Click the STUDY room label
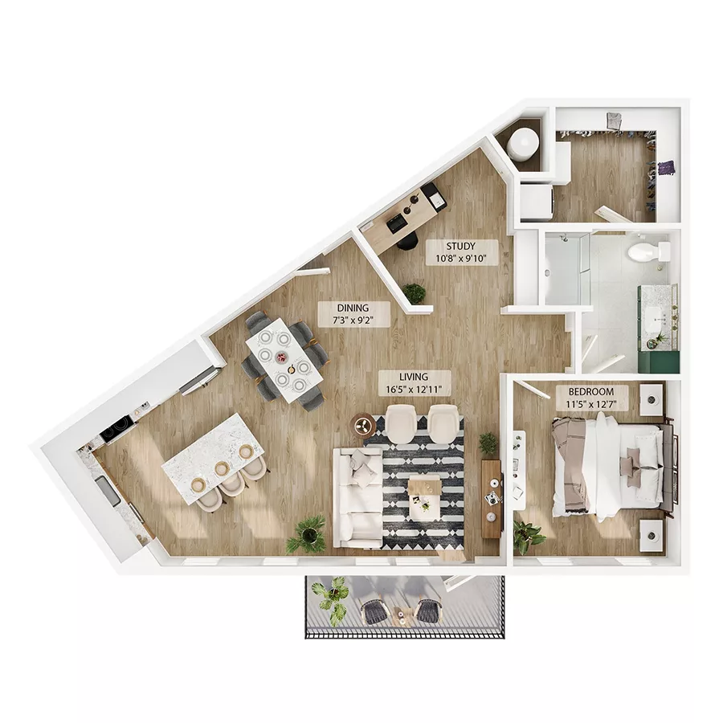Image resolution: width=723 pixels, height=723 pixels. (461, 252)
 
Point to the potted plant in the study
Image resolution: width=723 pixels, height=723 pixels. (415, 292)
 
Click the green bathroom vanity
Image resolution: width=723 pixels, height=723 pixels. (658, 329)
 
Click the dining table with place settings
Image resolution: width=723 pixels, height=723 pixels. (284, 359)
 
